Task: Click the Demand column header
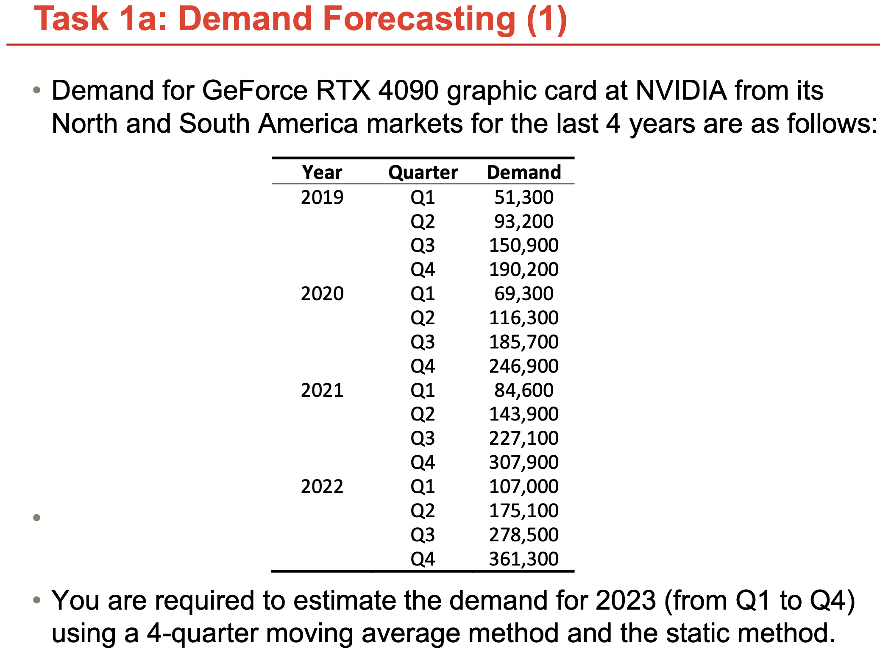click(x=524, y=172)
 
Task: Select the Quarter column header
click(x=423, y=172)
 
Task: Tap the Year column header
click(x=322, y=172)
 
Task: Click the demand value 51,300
click(x=524, y=197)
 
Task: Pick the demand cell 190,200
click(x=524, y=269)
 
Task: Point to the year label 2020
click(x=322, y=293)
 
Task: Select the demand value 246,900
click(x=524, y=366)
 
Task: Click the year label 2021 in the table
click(x=322, y=390)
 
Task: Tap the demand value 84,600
click(x=524, y=390)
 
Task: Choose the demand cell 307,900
click(x=524, y=462)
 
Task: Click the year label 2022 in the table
click(x=322, y=486)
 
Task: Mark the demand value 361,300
click(x=524, y=559)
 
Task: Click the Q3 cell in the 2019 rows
click(x=423, y=245)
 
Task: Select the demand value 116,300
click(x=524, y=318)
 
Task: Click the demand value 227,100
click(x=524, y=438)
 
